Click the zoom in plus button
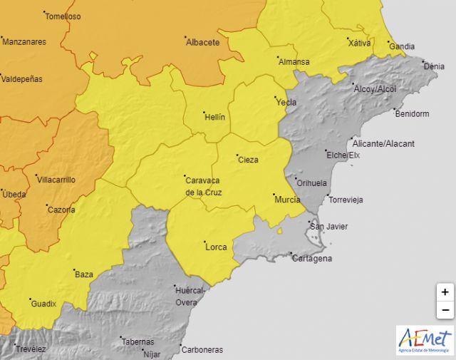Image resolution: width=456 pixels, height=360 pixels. [x=445, y=292]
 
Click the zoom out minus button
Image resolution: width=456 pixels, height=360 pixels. [x=445, y=310]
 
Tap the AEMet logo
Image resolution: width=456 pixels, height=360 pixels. [x=425, y=339]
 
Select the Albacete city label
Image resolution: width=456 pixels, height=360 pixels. [x=202, y=42]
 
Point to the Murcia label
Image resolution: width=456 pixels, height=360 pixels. [x=287, y=200]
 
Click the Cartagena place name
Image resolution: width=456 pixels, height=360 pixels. [x=312, y=259]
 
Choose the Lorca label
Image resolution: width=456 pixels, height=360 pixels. [x=216, y=247]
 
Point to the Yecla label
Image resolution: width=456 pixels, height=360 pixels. [x=286, y=103]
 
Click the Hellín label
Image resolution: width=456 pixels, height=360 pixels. [x=214, y=116]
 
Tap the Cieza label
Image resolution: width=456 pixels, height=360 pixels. [x=248, y=160]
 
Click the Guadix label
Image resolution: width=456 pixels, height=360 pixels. [x=43, y=304]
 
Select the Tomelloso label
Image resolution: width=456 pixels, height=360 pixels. [x=63, y=16]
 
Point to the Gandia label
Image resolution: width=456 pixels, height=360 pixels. [x=402, y=47]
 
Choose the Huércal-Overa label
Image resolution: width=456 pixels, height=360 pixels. [x=190, y=297]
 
